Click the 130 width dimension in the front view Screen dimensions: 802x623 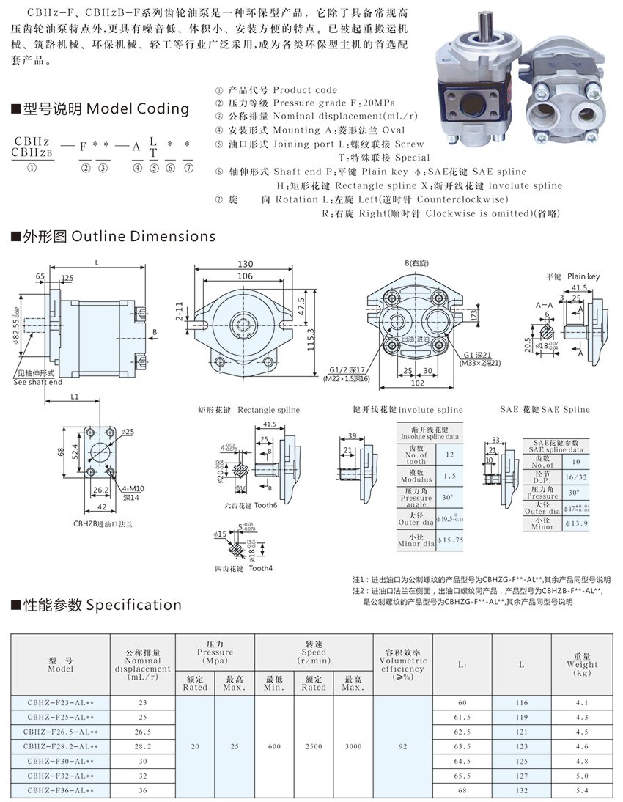245,264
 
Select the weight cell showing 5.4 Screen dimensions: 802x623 582,790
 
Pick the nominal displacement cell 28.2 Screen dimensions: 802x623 142,746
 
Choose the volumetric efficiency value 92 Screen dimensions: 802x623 402,746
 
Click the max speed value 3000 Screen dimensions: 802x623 353,746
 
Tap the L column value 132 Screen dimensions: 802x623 521,790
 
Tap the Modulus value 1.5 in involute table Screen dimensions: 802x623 449,476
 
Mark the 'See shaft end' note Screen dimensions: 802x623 38,382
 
